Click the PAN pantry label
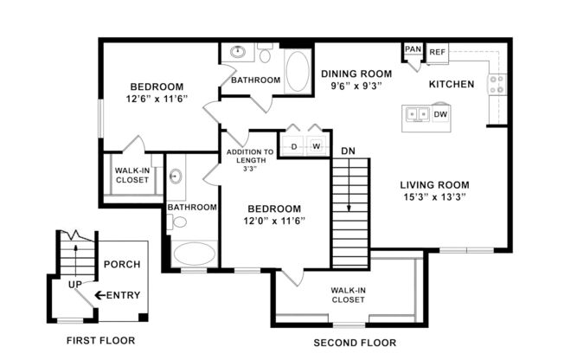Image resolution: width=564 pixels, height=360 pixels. tap(413, 49)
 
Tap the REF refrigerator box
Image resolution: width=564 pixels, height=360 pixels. tap(437, 51)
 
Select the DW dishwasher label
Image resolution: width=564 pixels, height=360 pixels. tap(440, 114)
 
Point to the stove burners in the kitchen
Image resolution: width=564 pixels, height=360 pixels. tap(497, 84)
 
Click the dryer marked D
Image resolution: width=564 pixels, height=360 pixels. tap(294, 146)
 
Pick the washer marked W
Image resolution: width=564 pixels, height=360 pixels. tap(317, 146)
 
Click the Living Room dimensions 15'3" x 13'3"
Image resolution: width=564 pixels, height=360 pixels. tap(434, 196)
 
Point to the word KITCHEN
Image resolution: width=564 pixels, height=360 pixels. tap(452, 84)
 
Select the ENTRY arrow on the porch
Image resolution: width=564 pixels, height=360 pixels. tap(101, 295)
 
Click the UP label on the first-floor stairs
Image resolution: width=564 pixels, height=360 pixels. tap(75, 284)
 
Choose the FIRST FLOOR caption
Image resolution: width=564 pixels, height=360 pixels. tap(100, 340)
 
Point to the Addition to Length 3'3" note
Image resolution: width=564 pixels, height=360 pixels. tap(250, 159)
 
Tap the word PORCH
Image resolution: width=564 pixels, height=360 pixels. tap(121, 264)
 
